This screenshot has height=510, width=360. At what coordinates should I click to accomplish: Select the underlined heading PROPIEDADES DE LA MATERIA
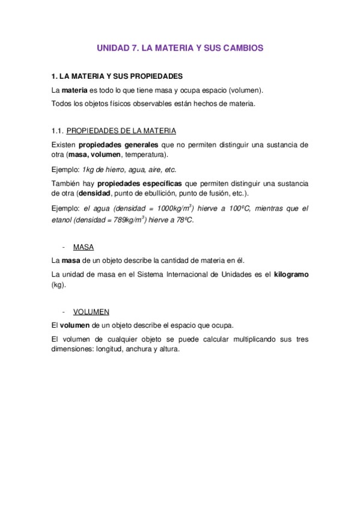121,131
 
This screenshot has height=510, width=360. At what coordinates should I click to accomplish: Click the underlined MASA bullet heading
83,247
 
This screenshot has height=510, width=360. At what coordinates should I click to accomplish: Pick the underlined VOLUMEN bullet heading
91,312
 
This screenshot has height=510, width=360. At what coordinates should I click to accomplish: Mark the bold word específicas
162,183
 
